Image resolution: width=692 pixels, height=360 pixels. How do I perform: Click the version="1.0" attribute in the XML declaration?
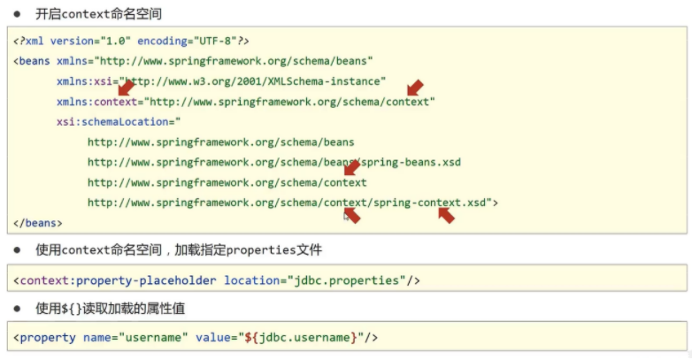[90, 41]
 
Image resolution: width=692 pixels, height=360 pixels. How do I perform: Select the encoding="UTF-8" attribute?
[187, 41]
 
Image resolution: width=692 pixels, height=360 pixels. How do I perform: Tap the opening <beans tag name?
[31, 61]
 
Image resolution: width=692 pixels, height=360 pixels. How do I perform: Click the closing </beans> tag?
[38, 223]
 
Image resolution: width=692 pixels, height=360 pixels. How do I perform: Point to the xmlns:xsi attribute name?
[84, 81]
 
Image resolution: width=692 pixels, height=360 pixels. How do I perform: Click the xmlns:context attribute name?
[97, 102]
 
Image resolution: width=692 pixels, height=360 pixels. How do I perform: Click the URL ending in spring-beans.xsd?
[274, 163]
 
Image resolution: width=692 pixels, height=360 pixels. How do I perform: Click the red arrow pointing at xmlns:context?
[127, 88]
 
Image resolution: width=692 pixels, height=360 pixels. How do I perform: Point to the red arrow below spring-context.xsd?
[447, 215]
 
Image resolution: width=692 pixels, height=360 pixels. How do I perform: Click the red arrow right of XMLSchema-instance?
[415, 88]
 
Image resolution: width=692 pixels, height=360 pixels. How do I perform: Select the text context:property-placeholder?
[119, 280]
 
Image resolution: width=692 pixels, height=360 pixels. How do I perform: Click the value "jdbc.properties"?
[346, 280]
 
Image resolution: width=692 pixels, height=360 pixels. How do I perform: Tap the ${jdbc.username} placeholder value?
[301, 338]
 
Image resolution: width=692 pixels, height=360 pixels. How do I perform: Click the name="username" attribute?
[135, 338]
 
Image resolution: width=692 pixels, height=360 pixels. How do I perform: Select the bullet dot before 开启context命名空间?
[17, 14]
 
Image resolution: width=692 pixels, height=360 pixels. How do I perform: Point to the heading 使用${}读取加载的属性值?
[111, 309]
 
